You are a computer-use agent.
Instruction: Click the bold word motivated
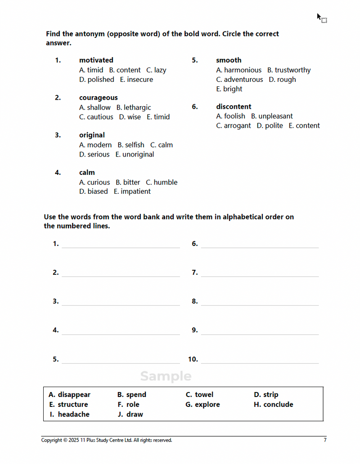(96, 60)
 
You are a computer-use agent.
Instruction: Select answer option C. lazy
(156, 70)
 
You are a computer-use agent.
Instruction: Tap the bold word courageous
(98, 98)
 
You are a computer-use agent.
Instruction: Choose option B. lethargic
(134, 107)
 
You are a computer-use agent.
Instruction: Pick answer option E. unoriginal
(135, 154)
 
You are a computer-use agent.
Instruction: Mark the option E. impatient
(132, 192)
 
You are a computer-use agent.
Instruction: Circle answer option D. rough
(283, 80)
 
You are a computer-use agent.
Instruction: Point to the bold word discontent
(234, 107)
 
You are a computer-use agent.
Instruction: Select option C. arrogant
(234, 126)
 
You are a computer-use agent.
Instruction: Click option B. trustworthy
(289, 70)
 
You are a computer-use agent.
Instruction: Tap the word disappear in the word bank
(74, 395)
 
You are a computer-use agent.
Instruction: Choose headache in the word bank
(73, 415)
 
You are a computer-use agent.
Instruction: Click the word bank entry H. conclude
(274, 405)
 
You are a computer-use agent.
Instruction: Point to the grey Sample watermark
(166, 376)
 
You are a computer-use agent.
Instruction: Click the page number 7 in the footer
(325, 440)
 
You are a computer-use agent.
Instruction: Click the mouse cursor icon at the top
(321, 18)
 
